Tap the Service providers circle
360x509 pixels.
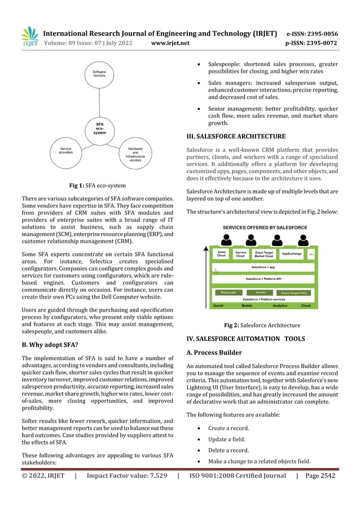65,151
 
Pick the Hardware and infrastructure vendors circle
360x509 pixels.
135,153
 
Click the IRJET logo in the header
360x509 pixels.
29,37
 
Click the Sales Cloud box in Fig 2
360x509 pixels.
222,254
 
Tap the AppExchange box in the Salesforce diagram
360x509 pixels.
292,254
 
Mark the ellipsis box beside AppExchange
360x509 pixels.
311,254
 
